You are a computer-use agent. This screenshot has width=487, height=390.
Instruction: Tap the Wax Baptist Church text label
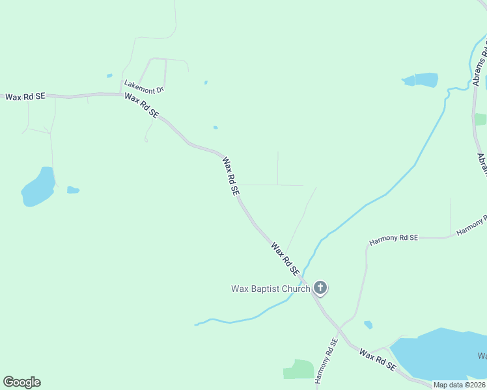coord(270,289)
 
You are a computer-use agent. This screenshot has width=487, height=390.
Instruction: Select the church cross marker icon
coord(320,287)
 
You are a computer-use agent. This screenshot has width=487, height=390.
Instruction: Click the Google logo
coord(21,382)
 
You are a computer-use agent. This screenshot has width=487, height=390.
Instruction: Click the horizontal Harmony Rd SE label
coord(393,239)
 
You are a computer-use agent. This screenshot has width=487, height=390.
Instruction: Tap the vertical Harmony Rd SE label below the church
coord(326,360)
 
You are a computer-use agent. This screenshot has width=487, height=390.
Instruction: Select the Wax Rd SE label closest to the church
coord(285,258)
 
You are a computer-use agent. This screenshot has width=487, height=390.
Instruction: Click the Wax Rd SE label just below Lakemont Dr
coord(141,105)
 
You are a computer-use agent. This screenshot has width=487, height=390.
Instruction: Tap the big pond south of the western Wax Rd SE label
coord(39,187)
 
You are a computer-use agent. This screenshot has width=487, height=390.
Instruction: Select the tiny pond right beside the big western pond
coord(73,190)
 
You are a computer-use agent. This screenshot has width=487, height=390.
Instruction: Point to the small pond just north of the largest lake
coord(369,324)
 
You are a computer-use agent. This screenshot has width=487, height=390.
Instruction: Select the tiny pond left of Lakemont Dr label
coord(109,75)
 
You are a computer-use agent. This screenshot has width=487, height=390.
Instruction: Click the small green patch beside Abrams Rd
coord(480,120)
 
